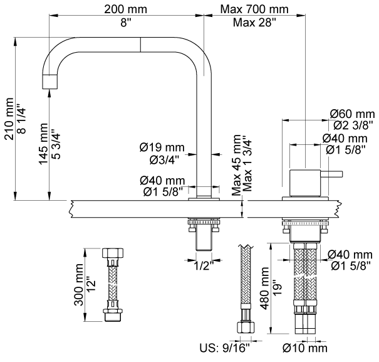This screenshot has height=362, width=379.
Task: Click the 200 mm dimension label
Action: coord(125,9)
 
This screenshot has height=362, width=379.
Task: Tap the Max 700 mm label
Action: coord(254,9)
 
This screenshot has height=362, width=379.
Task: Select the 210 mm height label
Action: coord(9,119)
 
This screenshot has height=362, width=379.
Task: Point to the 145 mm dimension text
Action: coord(43,144)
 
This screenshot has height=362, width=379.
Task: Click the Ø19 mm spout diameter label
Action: coord(162,147)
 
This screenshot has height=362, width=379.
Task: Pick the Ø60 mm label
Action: coord(352,114)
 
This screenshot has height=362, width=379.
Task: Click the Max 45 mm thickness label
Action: coord(236,165)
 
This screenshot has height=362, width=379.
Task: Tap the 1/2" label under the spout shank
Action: coord(204,266)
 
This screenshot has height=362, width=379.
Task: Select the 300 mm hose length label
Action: coord(79,285)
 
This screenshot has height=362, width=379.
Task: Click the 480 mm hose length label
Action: coord(264,289)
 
